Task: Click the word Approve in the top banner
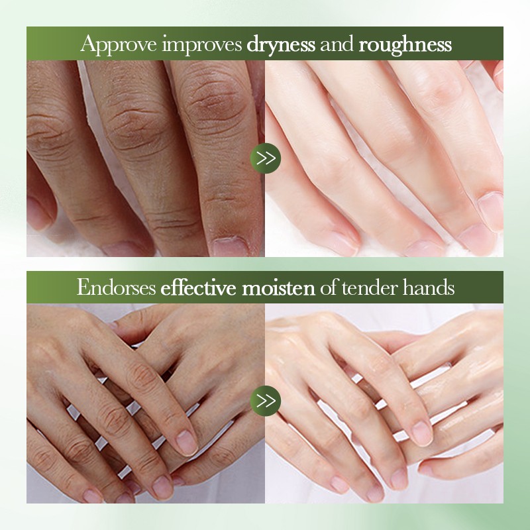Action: click(x=119, y=44)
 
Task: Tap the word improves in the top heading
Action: click(x=202, y=44)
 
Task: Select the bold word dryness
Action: click(x=281, y=44)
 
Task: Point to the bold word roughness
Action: click(x=405, y=44)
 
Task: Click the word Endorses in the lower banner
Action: click(x=117, y=288)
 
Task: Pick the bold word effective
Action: click(x=198, y=288)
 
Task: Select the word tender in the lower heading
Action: click(x=370, y=288)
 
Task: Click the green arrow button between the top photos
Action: click(x=266, y=158)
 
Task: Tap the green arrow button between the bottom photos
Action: click(x=266, y=401)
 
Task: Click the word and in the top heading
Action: click(x=337, y=44)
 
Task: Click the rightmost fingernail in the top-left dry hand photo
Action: click(x=230, y=246)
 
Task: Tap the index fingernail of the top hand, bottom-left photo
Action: click(x=187, y=443)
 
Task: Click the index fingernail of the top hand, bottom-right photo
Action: click(x=422, y=433)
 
